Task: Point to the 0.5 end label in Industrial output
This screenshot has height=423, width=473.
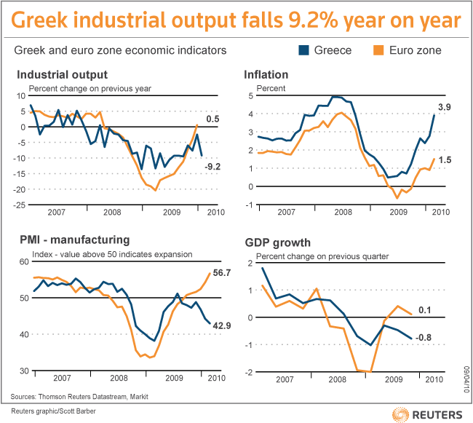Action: (213, 119)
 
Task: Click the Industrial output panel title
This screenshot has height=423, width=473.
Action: (62, 74)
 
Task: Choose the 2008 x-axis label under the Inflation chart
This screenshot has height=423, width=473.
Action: (342, 212)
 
